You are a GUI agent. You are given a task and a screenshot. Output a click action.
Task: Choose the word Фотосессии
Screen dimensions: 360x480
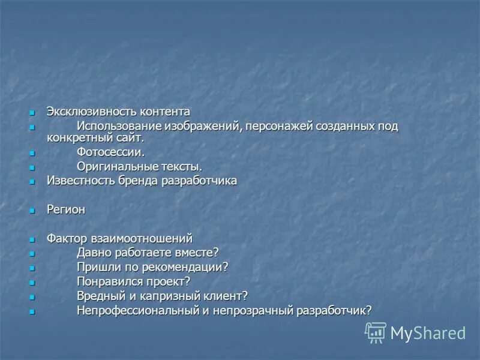point(111,152)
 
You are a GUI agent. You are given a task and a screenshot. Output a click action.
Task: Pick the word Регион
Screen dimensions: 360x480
point(66,209)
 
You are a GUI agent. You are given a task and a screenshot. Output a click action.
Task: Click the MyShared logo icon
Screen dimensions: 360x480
point(376,332)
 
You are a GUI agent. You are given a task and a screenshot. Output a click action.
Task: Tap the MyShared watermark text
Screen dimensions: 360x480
point(428,333)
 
